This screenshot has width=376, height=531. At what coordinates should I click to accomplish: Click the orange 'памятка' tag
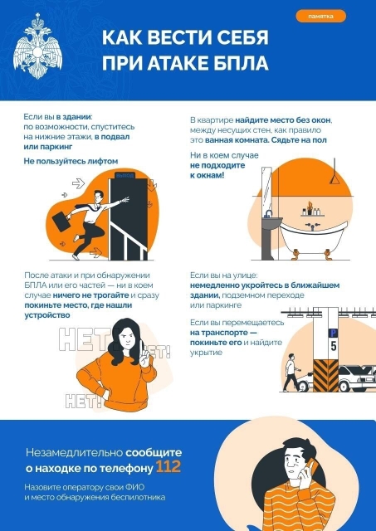[x=320, y=16]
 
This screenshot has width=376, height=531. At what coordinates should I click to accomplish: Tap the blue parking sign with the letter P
[x=333, y=332]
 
